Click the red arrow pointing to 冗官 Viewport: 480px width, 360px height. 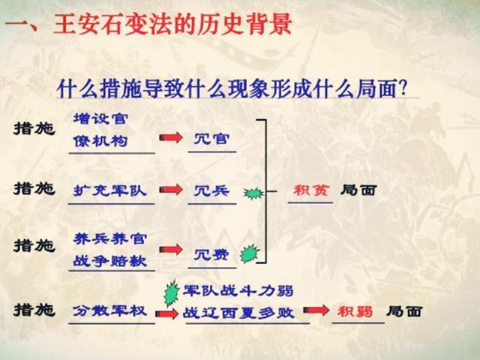click(x=171, y=138)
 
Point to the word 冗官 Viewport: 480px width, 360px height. click(x=211, y=139)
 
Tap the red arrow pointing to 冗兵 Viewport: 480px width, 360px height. click(x=171, y=190)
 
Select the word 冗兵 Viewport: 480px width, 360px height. click(x=211, y=190)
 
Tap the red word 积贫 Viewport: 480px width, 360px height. click(x=307, y=190)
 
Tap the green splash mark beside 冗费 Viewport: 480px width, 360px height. click(x=248, y=253)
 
